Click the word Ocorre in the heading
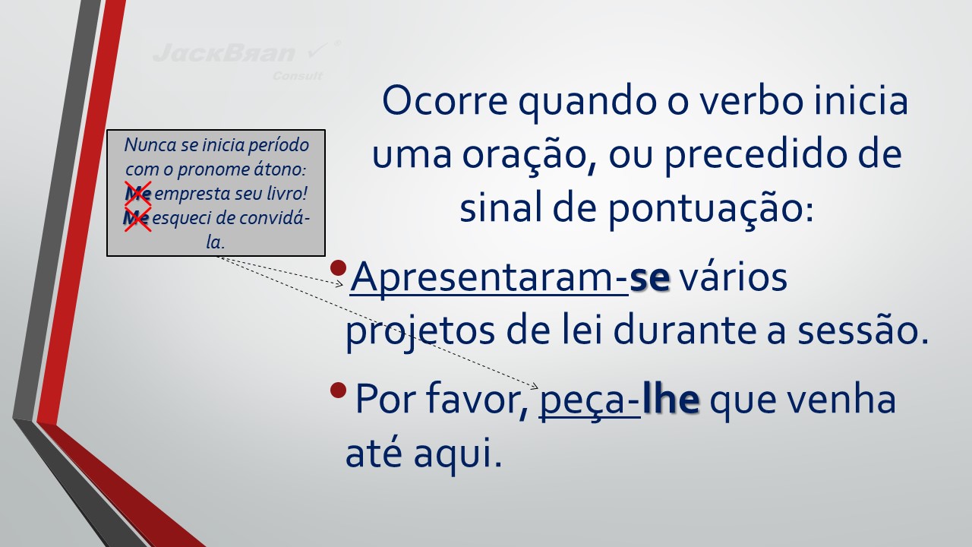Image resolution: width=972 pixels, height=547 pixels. [445, 101]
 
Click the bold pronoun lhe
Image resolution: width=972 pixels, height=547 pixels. [671, 400]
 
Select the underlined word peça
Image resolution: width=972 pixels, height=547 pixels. [585, 403]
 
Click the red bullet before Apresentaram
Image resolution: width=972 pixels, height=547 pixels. [338, 268]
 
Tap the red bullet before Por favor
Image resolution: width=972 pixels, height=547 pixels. [338, 390]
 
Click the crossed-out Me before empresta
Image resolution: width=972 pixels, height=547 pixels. [138, 193]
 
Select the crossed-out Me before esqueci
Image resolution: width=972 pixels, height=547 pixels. [137, 218]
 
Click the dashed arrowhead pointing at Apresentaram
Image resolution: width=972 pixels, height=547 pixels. [339, 284]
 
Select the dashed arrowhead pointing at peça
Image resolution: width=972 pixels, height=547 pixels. [534, 386]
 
